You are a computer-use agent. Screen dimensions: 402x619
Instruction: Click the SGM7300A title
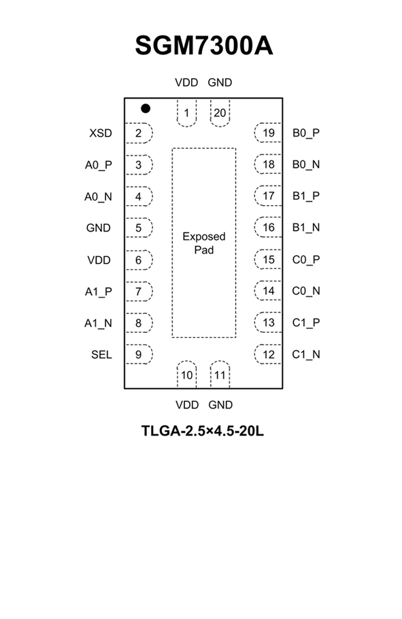[203, 46]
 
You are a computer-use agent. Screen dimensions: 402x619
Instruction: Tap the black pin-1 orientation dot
[146, 108]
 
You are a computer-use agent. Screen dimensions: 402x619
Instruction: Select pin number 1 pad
[186, 113]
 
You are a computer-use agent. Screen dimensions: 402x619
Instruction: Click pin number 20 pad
[220, 113]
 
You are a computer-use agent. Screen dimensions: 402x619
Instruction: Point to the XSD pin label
[101, 133]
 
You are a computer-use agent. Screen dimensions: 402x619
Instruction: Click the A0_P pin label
[99, 165]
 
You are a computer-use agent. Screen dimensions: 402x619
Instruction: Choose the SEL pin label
[101, 355]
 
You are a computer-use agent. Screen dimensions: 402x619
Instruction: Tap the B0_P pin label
[306, 133]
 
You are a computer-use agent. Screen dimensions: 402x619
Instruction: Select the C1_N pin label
[306, 355]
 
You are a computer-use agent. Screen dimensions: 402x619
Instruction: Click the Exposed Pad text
[204, 243]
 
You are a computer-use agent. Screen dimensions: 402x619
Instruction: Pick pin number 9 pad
[139, 354]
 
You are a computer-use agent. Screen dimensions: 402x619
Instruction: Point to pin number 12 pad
[268, 354]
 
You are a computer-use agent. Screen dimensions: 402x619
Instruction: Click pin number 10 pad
[186, 374]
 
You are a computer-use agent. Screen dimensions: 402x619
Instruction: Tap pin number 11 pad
[220, 374]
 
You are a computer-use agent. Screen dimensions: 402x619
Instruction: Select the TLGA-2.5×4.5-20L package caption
[203, 431]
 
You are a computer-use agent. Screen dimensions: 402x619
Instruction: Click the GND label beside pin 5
[99, 228]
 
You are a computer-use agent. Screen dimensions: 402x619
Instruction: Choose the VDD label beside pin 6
[99, 260]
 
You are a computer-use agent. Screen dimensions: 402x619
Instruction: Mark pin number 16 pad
[268, 228]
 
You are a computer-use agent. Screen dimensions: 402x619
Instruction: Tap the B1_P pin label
[306, 196]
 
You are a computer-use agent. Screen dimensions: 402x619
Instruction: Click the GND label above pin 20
[220, 82]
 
